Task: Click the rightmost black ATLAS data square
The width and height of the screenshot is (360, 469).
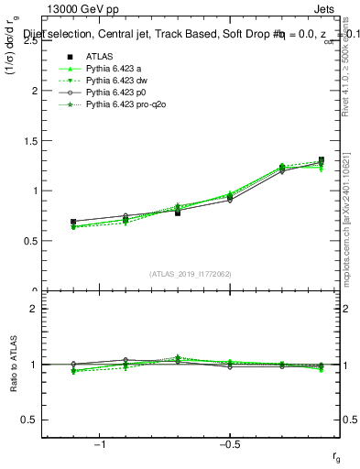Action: [x=321, y=160]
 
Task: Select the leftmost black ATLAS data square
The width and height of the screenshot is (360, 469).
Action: [x=73, y=222]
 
